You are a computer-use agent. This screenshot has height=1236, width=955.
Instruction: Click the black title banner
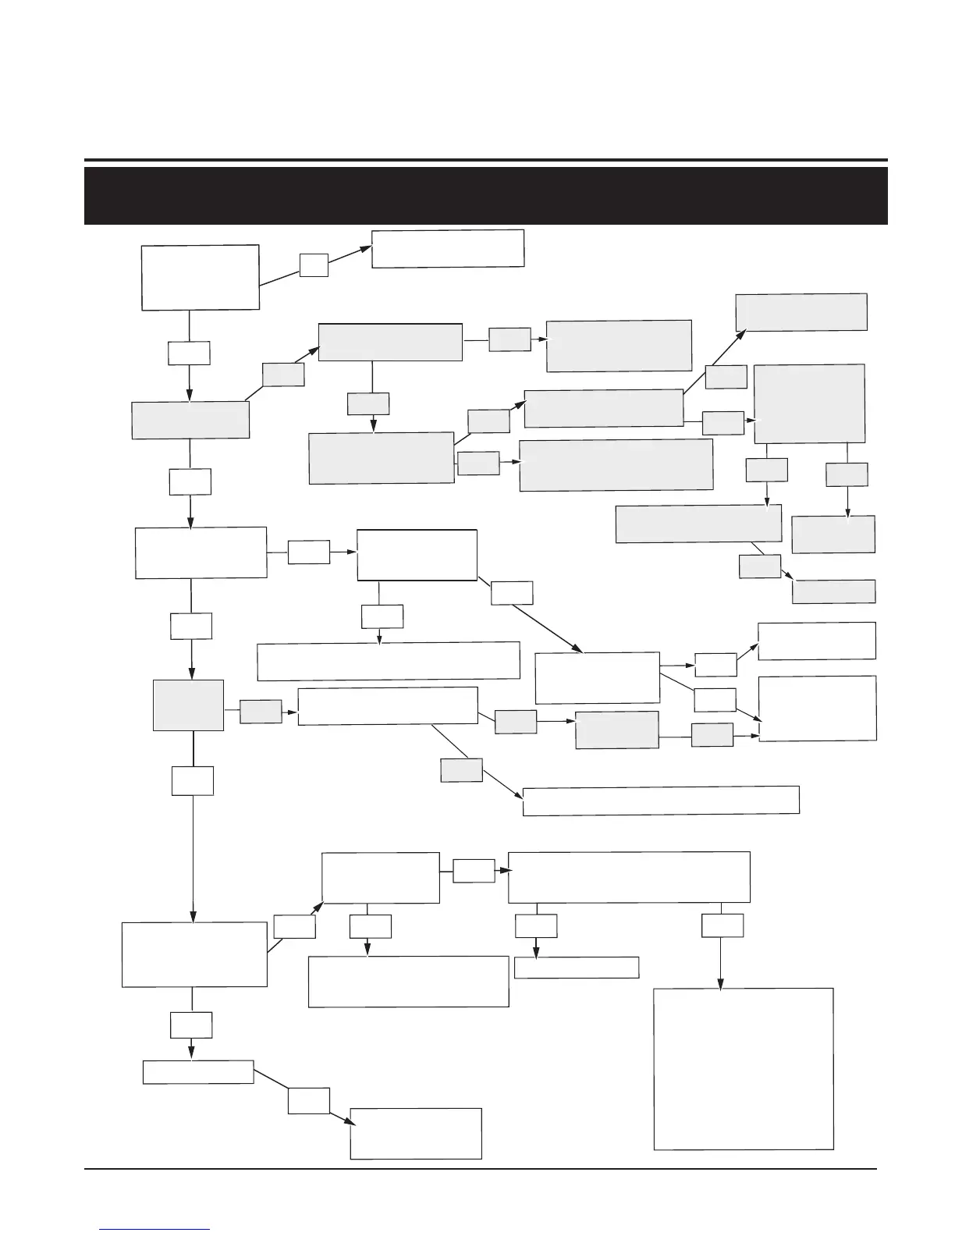[x=485, y=195]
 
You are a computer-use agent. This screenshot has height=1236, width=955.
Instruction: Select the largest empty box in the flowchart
[x=744, y=1068]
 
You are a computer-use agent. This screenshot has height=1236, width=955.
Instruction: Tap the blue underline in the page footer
[x=155, y=1229]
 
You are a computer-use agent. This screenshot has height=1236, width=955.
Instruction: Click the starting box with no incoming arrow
[x=200, y=277]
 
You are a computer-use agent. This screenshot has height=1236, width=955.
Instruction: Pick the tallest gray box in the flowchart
[x=810, y=403]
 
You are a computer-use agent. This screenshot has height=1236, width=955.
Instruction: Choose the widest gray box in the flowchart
[x=616, y=464]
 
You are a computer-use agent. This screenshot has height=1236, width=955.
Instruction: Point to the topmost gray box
[x=801, y=312]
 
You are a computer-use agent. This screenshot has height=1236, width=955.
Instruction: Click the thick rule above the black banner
[x=485, y=160]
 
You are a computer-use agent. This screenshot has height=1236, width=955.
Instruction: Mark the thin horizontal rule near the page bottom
[x=480, y=1169]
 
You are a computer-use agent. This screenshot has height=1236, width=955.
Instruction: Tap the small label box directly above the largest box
[x=722, y=925]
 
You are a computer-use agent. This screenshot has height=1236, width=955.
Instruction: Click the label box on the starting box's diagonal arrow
[x=314, y=265]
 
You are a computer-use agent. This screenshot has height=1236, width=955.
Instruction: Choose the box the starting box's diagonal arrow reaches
[x=448, y=248]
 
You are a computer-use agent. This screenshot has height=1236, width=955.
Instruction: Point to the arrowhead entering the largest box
[x=719, y=984]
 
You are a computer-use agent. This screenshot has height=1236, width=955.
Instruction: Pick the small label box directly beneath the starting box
[x=189, y=353]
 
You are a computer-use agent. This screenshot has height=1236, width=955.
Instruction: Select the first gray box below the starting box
[x=190, y=420]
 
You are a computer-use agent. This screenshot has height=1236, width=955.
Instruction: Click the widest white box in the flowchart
[x=660, y=800]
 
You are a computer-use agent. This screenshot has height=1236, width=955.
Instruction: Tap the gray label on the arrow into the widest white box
[x=461, y=770]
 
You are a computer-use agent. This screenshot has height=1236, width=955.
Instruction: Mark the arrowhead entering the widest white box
[x=518, y=794]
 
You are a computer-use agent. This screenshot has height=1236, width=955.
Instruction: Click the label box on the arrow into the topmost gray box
[x=726, y=377]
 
